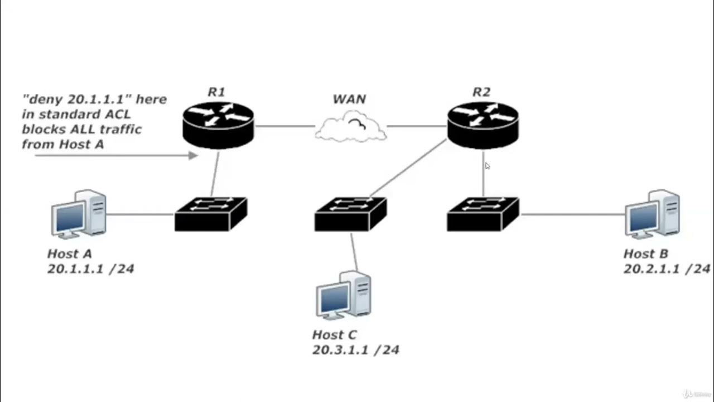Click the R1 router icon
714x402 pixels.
pyautogui.click(x=218, y=125)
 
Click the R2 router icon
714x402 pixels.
pyautogui.click(x=483, y=125)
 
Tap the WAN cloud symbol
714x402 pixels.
pyautogui.click(x=351, y=127)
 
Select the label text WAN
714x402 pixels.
pyautogui.click(x=349, y=99)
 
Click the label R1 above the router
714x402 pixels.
pyautogui.click(x=216, y=92)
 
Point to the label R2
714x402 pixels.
pyautogui.click(x=481, y=92)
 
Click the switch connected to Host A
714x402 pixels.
pyautogui.click(x=210, y=214)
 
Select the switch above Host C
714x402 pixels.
pyautogui.click(x=350, y=214)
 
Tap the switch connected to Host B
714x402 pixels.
pyautogui.click(x=483, y=214)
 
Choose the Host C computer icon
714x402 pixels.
pyautogui.click(x=343, y=295)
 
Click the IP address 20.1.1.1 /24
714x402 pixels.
pyautogui.click(x=90, y=269)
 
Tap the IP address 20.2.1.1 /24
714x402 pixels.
pyautogui.click(x=666, y=269)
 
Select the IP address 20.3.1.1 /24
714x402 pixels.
pyautogui.click(x=355, y=350)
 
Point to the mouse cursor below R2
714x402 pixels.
pyautogui.click(x=488, y=166)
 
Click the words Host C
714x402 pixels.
pyautogui.click(x=334, y=335)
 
